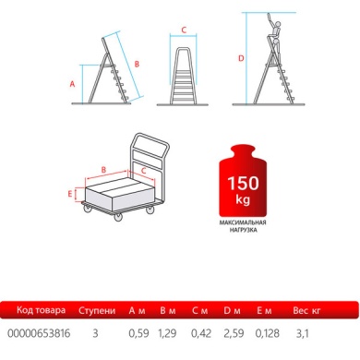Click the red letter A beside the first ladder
coord(72,84)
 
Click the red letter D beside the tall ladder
coord(241,58)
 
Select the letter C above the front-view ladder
coord(184,30)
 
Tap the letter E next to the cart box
coord(70,194)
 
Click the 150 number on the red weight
coord(243,183)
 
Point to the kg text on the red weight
coord(243,199)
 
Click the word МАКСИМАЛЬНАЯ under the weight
coord(243,222)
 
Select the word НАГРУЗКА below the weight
coord(243,230)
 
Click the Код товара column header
coord(41,310)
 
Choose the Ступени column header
coord(97,310)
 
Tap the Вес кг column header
coord(306,310)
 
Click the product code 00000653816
coord(39,333)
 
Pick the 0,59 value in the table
coord(138,333)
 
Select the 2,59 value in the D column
coord(234,333)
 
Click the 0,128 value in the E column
coord(268,333)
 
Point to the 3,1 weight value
coord(302,333)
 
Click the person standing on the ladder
coord(275,35)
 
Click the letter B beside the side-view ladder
coord(137,64)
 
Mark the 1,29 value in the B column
coord(167,333)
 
